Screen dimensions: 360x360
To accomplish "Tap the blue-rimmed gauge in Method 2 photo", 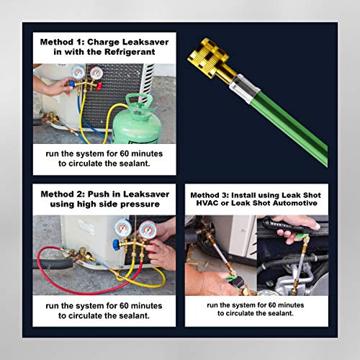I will point(123,230).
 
